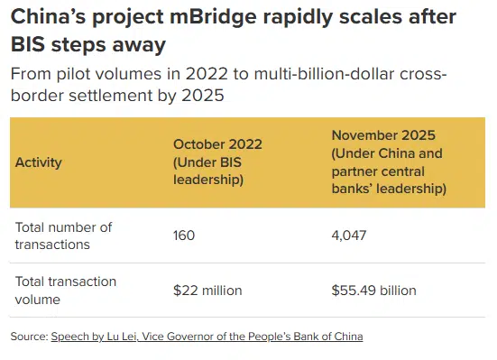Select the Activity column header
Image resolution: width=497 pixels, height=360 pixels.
(39, 162)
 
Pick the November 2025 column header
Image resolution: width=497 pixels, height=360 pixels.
(388, 162)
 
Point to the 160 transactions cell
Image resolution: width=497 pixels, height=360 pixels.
(184, 235)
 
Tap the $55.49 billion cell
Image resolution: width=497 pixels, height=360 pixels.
(374, 291)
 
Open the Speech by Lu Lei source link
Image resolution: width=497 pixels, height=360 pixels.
(207, 337)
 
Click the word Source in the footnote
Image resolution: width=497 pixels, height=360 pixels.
(28, 337)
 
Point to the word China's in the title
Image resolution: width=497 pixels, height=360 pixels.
(51, 17)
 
